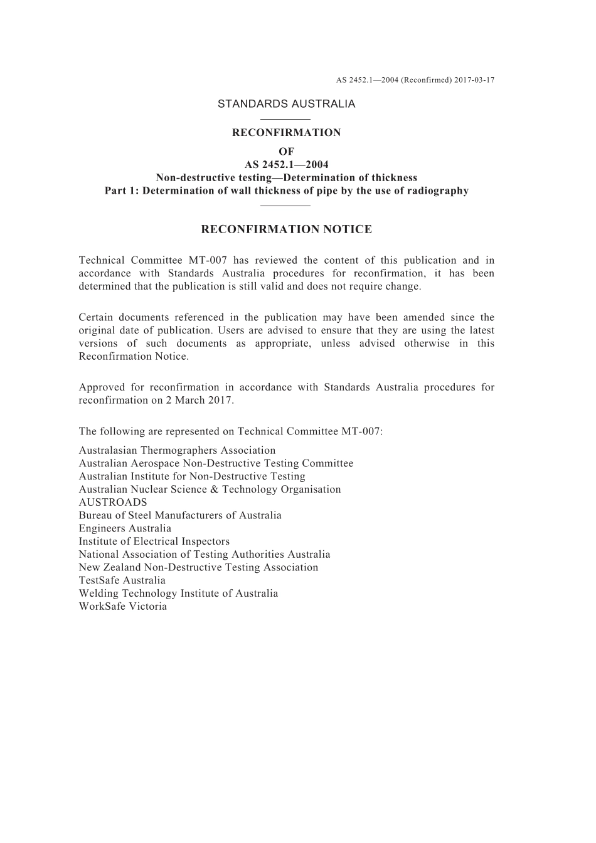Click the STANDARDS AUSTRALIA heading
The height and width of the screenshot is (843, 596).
[286, 104]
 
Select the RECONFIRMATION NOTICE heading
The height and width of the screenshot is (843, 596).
[286, 229]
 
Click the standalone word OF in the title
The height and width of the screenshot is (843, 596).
[286, 152]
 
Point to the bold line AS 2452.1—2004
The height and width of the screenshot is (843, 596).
[286, 165]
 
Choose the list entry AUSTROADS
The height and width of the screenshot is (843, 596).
[113, 502]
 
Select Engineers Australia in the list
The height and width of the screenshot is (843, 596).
[125, 528]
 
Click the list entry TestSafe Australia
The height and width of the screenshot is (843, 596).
[122, 580]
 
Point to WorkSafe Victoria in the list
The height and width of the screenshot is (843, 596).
[123, 606]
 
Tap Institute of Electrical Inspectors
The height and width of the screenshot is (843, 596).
[154, 542]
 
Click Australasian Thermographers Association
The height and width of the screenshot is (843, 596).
[177, 450]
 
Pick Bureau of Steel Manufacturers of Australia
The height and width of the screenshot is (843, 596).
[180, 515]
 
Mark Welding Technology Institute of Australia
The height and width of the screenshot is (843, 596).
[178, 593]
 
